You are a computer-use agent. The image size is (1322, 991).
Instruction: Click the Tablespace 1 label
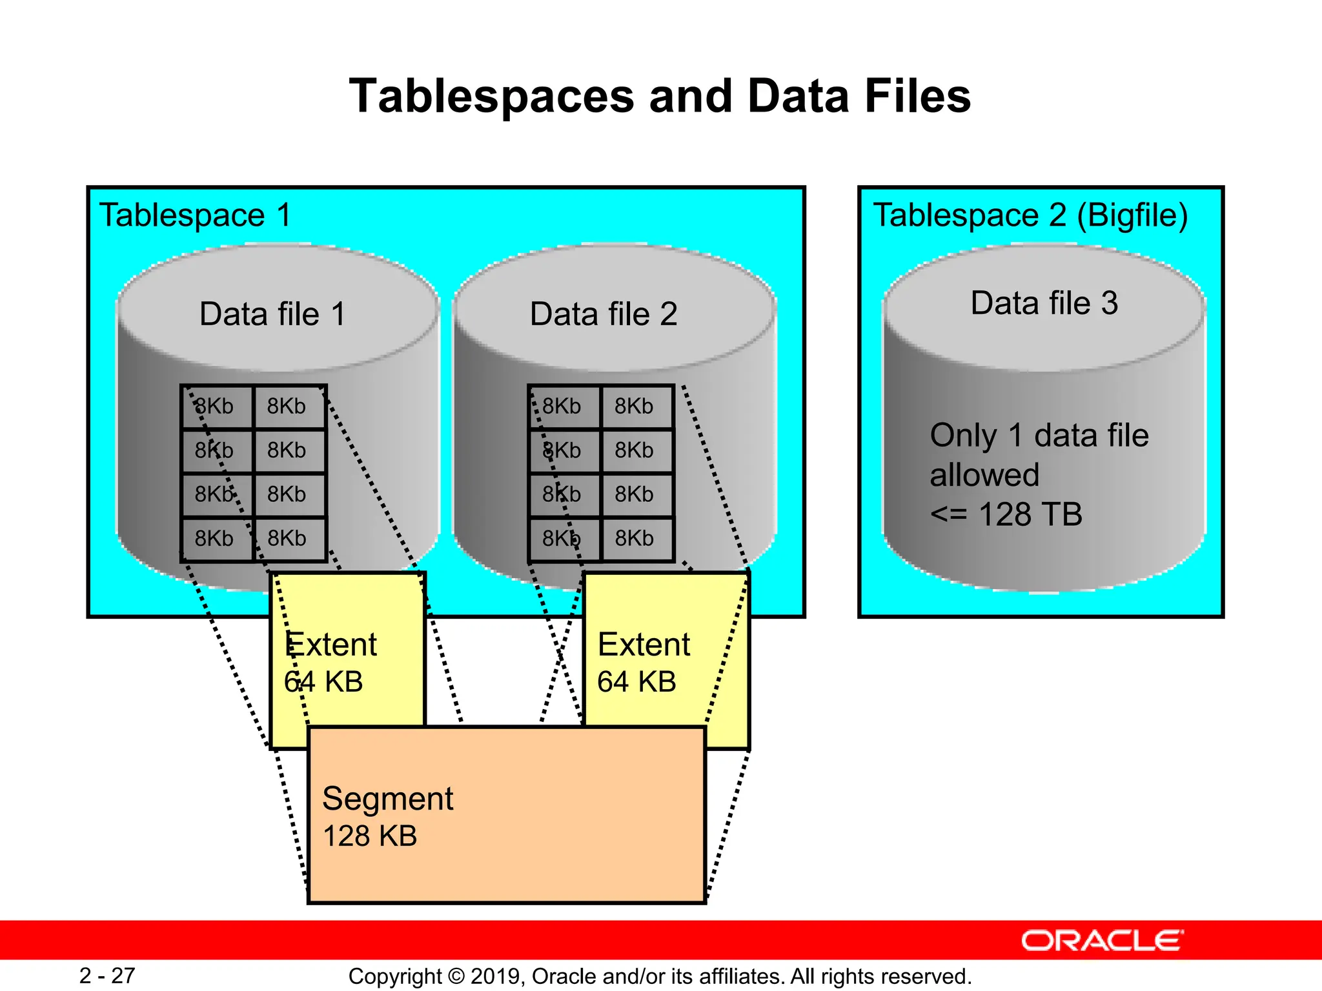tap(195, 215)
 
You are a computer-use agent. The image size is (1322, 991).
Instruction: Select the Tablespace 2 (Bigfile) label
tap(1030, 215)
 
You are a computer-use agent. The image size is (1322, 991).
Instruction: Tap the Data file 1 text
tap(272, 314)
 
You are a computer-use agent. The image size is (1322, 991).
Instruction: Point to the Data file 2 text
tap(604, 314)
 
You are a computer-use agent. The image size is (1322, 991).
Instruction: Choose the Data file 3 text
tap(1044, 303)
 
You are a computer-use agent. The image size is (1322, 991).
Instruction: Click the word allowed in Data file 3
tap(984, 475)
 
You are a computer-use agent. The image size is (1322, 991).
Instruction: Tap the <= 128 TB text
tap(1006, 515)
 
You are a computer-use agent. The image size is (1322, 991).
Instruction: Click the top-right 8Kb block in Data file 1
tap(287, 406)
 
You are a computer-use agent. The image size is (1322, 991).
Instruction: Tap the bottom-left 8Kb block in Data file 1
tap(214, 539)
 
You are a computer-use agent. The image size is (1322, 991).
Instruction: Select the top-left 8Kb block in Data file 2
tap(562, 406)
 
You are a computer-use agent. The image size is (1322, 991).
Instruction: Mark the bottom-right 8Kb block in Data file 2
tap(634, 539)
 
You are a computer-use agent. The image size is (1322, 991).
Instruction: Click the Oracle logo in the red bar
tap(1102, 941)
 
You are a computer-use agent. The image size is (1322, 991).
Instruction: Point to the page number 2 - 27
tap(107, 976)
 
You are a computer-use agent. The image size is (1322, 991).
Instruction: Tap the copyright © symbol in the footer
tap(456, 977)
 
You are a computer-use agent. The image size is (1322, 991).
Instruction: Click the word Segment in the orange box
tap(387, 799)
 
